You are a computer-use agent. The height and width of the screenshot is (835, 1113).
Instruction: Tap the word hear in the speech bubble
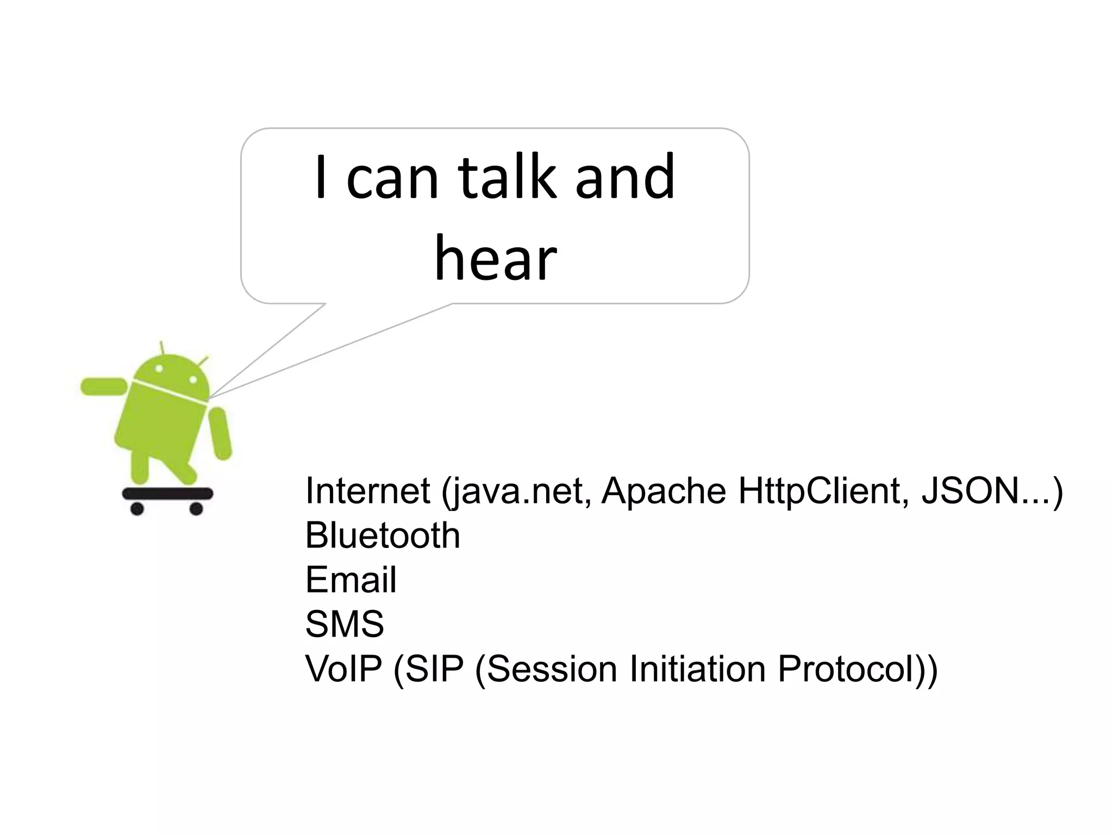[x=496, y=258]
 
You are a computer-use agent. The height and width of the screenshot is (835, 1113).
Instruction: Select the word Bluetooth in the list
[x=383, y=535]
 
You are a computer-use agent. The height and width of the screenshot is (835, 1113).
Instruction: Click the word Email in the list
[x=351, y=579]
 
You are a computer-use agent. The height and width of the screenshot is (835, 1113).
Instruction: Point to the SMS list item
[x=345, y=624]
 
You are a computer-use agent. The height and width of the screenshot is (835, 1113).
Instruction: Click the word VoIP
[x=343, y=669]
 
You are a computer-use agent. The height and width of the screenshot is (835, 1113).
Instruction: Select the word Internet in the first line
[x=368, y=491]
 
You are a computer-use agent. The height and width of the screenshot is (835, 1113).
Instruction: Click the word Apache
[x=664, y=491]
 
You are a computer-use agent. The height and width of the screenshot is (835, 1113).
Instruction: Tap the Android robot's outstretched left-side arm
[x=103, y=387]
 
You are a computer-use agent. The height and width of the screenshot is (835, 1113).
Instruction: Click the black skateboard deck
[x=167, y=494]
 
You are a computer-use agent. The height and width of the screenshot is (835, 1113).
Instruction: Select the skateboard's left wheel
[x=137, y=509]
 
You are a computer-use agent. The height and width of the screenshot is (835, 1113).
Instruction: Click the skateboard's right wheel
[x=196, y=509]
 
